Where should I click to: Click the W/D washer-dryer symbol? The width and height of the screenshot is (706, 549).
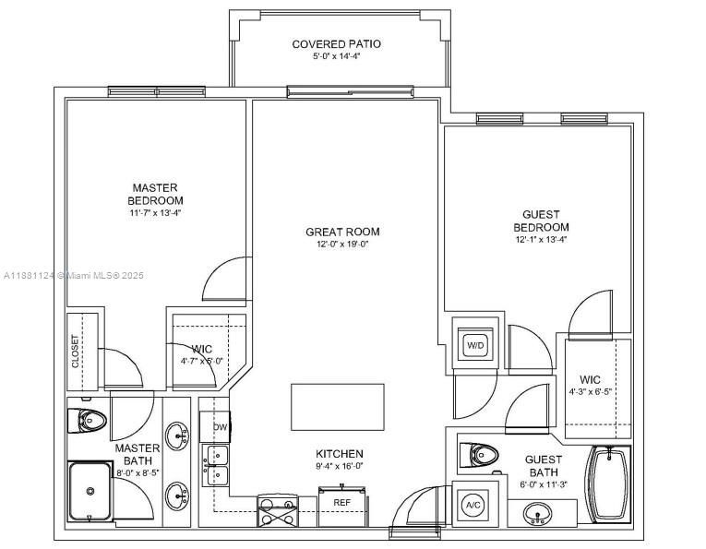click(x=475, y=345)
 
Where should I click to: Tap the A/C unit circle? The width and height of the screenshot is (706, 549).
click(x=473, y=505)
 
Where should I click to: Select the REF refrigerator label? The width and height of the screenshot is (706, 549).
click(x=341, y=502)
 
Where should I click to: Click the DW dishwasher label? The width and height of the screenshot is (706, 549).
click(x=221, y=427)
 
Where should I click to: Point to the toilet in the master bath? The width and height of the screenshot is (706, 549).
click(x=87, y=421)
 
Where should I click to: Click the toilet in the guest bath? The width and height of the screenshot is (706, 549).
click(x=478, y=456)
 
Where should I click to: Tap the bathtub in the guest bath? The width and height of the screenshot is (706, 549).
click(x=608, y=484)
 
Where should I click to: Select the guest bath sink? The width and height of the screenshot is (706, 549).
click(x=538, y=513)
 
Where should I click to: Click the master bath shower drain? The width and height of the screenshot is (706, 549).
click(x=90, y=491)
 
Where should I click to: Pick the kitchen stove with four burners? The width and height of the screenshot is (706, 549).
click(x=278, y=511)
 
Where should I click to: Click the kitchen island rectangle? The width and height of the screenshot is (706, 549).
click(x=338, y=407)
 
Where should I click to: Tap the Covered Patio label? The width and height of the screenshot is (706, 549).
click(x=336, y=44)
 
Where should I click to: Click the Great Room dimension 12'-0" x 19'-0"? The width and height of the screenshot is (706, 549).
click(x=342, y=245)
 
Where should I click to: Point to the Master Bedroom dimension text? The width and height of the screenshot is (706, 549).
click(x=155, y=213)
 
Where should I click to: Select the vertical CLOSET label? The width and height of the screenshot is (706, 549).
click(x=75, y=352)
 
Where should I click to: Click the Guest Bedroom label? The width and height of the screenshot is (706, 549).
click(x=541, y=221)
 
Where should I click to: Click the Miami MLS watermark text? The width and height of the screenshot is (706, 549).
click(x=74, y=275)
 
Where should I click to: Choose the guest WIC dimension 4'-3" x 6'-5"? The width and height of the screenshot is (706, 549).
click(x=590, y=391)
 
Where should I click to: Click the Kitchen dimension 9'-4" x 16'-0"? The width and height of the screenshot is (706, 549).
click(x=340, y=466)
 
